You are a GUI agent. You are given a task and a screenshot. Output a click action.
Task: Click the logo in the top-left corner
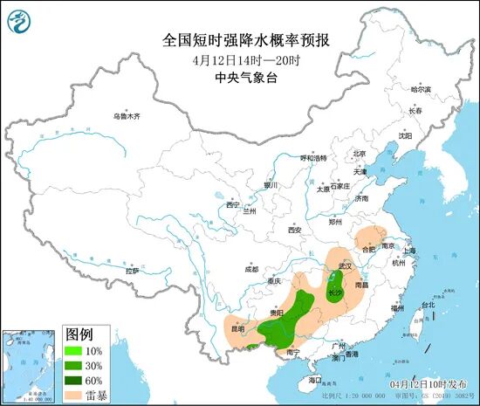tap(24, 21)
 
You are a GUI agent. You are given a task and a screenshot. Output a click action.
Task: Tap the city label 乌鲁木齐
tap(127, 116)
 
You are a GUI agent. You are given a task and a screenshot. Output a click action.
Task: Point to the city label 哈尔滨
tap(422, 90)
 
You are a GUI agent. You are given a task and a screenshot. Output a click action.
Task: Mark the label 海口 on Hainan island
tap(315, 381)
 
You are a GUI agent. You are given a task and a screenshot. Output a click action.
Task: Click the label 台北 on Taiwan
tap(427, 306)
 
